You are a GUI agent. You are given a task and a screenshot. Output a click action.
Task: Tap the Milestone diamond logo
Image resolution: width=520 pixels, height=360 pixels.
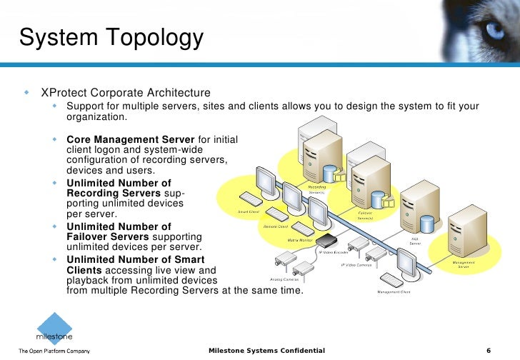tap(54, 326)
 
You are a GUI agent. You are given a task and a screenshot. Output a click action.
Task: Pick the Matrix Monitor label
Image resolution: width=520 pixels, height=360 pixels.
tap(302, 241)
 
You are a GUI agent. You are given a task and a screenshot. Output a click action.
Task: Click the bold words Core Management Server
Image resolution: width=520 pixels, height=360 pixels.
tap(131, 139)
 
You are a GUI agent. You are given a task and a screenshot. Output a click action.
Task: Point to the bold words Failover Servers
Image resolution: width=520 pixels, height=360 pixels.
tap(108, 236)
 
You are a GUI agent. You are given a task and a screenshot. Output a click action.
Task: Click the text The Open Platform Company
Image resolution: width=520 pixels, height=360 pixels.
tap(54, 351)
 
